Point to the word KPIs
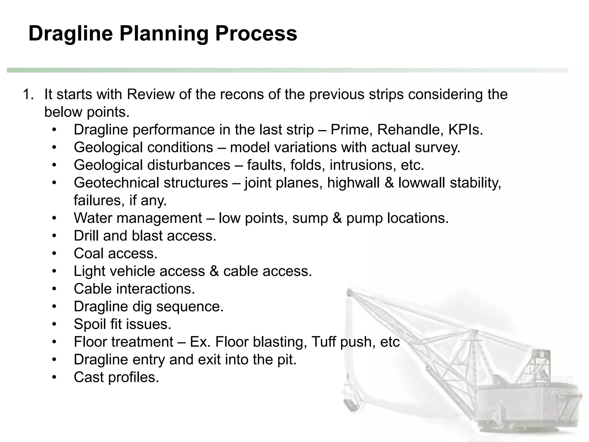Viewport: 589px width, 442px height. [466, 130]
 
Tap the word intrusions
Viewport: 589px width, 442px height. [361, 165]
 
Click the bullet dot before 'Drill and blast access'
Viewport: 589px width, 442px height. [54, 236]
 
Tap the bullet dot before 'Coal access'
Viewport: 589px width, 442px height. [54, 254]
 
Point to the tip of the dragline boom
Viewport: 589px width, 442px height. [350, 292]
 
